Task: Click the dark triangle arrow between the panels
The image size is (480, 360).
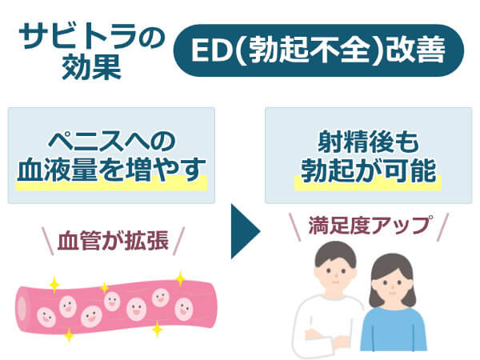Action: [243, 231]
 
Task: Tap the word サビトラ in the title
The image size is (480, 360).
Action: [78, 37]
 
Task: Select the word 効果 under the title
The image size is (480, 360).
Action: [92, 67]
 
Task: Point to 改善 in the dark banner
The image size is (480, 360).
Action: [414, 50]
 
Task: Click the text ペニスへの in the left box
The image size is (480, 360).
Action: [112, 142]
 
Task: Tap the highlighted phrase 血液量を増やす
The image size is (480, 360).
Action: [111, 170]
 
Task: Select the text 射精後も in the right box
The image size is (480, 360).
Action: [368, 142]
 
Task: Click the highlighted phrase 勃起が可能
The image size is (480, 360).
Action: [368, 170]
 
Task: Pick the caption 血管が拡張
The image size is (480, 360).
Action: [114, 241]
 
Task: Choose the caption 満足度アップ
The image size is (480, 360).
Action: [370, 226]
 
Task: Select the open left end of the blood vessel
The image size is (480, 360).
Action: [22, 309]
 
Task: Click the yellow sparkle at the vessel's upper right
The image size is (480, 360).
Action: [180, 279]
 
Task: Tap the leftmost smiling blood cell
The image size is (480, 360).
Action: [46, 317]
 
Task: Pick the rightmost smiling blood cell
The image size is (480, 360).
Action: [184, 309]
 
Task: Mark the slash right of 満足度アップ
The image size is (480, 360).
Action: [442, 227]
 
